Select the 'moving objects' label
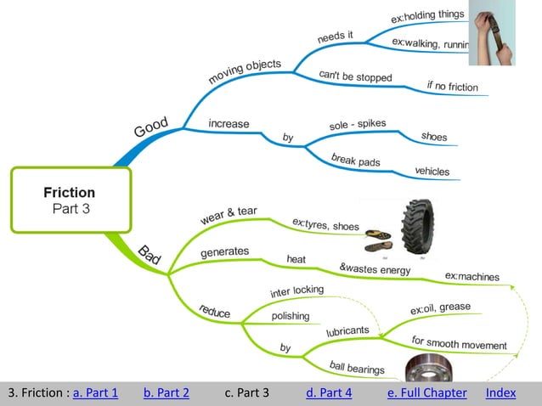pyautogui.click(x=245, y=71)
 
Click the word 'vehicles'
pyautogui.click(x=432, y=171)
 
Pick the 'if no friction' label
pyautogui.click(x=452, y=86)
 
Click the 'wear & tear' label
pyautogui.click(x=229, y=215)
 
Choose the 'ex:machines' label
pyautogui.click(x=471, y=276)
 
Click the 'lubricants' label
pyautogui.click(x=347, y=330)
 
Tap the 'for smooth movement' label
pyautogui.click(x=459, y=343)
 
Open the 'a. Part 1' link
pyautogui.click(x=95, y=392)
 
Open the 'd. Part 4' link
pyautogui.click(x=328, y=392)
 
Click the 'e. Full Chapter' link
pyautogui.click(x=426, y=392)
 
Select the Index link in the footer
pyautogui.click(x=500, y=392)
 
